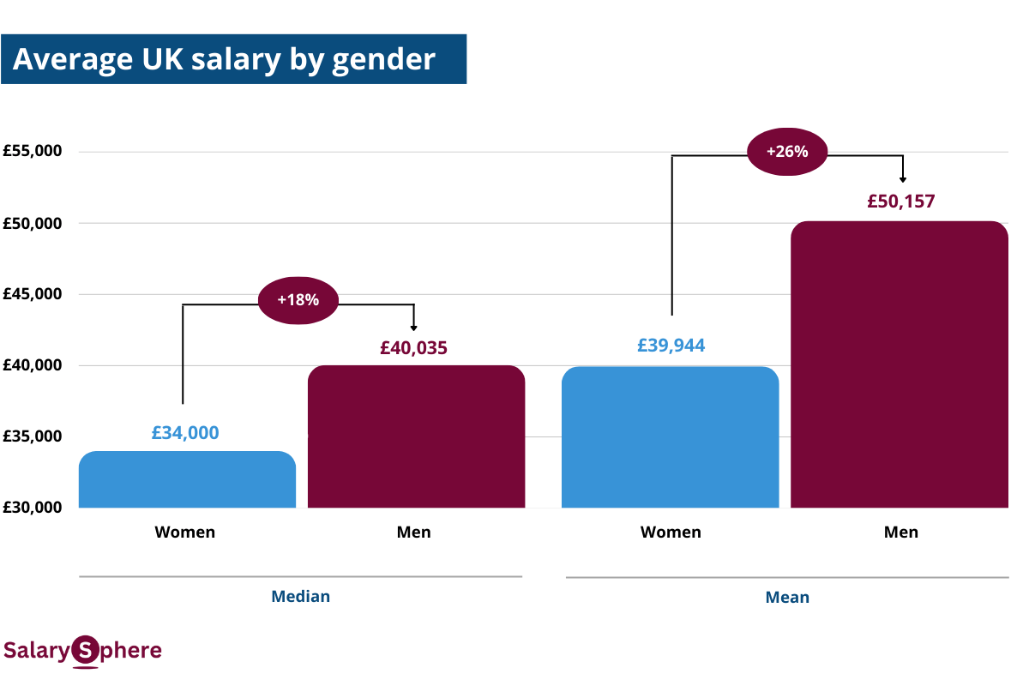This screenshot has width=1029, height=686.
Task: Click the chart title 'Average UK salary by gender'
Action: tap(225, 59)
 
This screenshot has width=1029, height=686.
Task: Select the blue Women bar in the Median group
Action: tap(187, 479)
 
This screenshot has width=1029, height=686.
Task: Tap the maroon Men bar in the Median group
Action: tap(416, 436)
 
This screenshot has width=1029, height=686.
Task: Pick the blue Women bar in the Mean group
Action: tap(670, 437)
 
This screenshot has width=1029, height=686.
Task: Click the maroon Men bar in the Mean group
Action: tap(899, 364)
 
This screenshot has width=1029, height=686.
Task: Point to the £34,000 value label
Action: tap(185, 433)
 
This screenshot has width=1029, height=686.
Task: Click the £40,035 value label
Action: tap(413, 348)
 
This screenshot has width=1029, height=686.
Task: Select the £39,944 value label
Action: tap(671, 345)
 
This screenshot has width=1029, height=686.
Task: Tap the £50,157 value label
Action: tap(900, 202)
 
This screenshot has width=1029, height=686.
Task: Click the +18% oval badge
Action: tap(298, 300)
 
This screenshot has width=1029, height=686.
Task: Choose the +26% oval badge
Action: tap(787, 152)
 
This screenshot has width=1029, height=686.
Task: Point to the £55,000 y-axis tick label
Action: tap(32, 152)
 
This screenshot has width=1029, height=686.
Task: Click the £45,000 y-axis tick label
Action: tap(32, 294)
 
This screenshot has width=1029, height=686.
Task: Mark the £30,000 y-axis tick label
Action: tap(32, 507)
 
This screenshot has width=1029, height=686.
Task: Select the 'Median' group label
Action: tap(300, 596)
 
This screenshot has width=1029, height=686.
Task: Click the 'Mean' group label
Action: tap(787, 598)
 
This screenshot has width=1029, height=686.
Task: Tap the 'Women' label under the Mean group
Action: tap(671, 533)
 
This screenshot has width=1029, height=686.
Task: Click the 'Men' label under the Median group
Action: tap(413, 533)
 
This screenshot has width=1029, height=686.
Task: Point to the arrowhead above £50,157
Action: tap(903, 178)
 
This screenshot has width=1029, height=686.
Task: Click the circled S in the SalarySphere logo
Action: tap(85, 651)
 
